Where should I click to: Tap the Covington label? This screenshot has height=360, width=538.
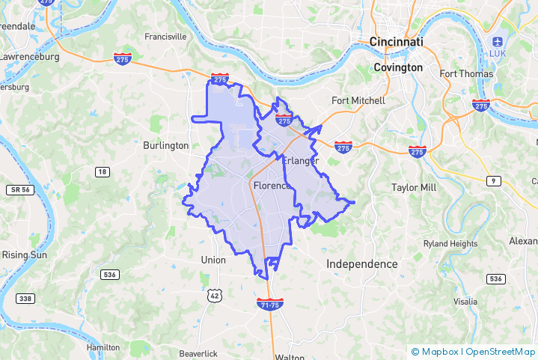[x=398, y=67]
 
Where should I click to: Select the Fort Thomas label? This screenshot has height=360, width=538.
[x=466, y=73]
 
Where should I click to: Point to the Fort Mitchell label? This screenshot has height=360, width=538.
[x=358, y=100]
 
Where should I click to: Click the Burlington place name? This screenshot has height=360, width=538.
[x=165, y=145]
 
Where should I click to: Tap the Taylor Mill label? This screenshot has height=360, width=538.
[x=414, y=187]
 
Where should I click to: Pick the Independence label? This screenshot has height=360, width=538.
[x=362, y=264]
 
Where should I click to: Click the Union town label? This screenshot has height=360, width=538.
[x=213, y=260]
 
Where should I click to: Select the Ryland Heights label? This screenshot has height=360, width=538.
[x=450, y=244]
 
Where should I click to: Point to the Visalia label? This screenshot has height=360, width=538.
[x=465, y=302]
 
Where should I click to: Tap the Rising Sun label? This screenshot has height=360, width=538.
[x=25, y=254]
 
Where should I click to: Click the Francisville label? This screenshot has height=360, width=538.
[x=165, y=36]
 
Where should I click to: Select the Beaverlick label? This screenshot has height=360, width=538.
[x=198, y=353]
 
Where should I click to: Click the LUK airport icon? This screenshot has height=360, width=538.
[x=498, y=41]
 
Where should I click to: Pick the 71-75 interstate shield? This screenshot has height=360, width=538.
[x=269, y=304]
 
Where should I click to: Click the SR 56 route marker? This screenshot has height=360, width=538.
[x=20, y=190]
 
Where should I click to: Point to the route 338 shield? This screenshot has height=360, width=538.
[x=25, y=299]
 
